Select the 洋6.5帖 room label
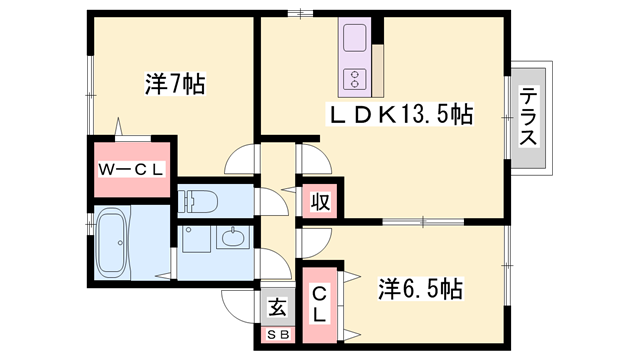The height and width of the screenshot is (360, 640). [420, 290]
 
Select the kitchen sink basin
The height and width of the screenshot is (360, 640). [355, 39]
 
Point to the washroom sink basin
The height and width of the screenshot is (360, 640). [232, 239]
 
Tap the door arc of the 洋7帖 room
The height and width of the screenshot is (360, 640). [240, 160]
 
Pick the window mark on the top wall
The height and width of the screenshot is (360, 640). [296, 14]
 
